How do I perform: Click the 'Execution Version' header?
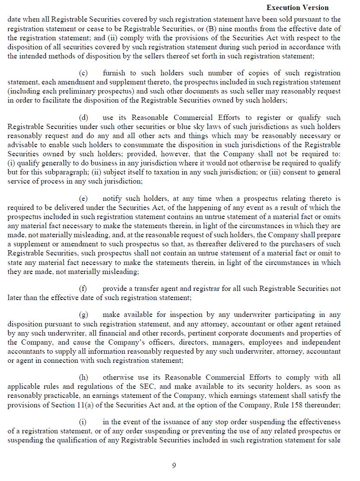[297, 7]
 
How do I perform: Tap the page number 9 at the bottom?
[174, 465]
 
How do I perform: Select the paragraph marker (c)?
[84, 73]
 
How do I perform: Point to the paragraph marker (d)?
[84, 118]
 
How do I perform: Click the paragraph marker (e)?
[84, 199]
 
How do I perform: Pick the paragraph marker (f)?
[83, 289]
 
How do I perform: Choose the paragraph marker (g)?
[84, 315]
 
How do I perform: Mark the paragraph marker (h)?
[84, 378]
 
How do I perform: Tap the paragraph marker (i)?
[83, 422]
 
